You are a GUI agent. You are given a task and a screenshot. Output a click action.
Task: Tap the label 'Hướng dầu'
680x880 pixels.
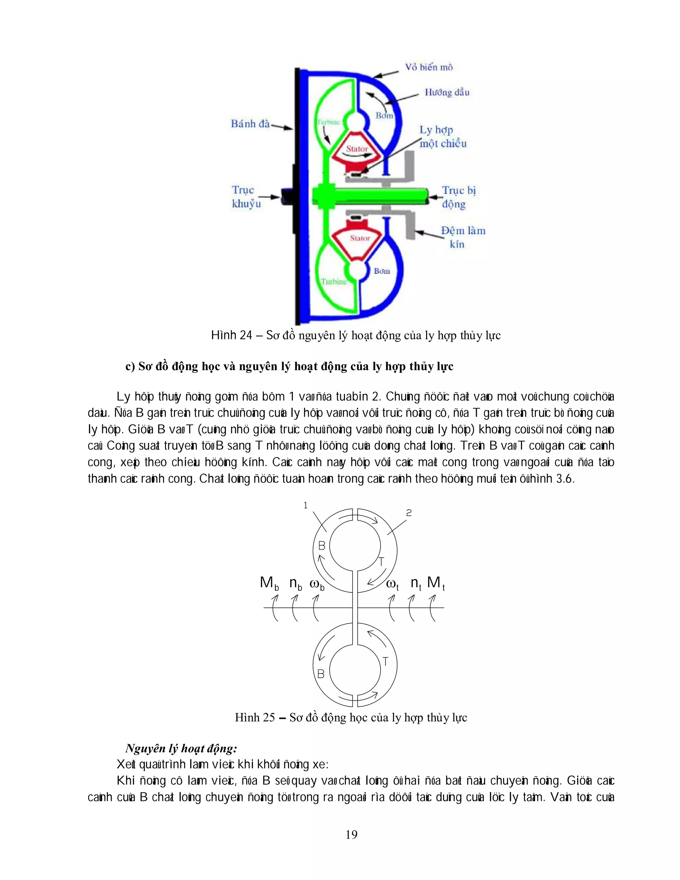click(x=447, y=92)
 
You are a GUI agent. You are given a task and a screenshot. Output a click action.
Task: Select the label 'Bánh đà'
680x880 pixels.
click(x=250, y=124)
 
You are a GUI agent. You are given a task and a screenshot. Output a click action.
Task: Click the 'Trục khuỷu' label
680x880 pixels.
click(x=246, y=197)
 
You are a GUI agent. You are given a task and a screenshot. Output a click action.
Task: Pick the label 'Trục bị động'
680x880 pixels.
click(x=459, y=197)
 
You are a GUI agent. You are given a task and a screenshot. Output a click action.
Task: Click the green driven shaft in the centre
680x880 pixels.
click(x=371, y=197)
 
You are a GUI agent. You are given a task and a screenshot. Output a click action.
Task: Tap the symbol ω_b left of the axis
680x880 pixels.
click(x=317, y=584)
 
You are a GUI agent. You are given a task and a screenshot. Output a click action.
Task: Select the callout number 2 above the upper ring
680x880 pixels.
click(x=409, y=513)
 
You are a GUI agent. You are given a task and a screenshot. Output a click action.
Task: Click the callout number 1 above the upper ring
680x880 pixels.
click(x=306, y=505)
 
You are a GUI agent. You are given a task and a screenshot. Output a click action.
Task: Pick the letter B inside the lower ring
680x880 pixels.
click(x=321, y=674)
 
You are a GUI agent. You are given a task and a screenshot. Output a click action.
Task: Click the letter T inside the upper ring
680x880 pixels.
click(x=381, y=561)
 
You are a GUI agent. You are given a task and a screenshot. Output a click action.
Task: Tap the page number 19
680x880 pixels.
click(x=351, y=835)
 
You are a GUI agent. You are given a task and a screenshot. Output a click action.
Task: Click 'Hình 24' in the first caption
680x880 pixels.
click(x=232, y=335)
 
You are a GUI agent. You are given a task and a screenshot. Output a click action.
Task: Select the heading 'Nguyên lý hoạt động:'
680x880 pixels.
click(x=181, y=748)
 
